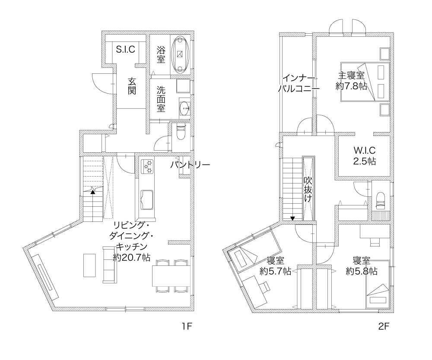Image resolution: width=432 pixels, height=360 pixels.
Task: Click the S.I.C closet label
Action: pos(126,49)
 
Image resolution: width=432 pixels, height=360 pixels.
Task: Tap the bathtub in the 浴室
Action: pos(180,54)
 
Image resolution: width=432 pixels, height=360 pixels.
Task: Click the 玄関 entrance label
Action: pos(132,86)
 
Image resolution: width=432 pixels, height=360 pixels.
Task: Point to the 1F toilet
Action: pos(181,133)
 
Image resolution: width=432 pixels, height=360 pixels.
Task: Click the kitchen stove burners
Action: pos(148,167)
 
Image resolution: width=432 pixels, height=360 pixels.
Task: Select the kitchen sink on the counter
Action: pos(147,200)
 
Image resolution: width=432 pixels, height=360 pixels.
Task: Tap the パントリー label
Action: pos(190,164)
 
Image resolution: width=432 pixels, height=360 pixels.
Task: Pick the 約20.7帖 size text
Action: pos(132,257)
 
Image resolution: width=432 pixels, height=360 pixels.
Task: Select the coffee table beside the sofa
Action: pos(89,265)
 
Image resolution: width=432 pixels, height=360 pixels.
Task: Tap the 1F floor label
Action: pos(187,326)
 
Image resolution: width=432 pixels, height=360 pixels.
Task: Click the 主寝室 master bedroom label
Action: pos(351,75)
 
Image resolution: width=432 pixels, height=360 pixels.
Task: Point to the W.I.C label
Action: pos(365,150)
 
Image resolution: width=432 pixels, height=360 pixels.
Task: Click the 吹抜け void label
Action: pos(308,189)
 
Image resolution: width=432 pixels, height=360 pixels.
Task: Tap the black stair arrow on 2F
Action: pos(292,218)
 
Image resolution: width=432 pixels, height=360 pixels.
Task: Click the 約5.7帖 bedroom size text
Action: pos(276,271)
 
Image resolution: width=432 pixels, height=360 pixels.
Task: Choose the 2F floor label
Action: pos(384,326)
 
